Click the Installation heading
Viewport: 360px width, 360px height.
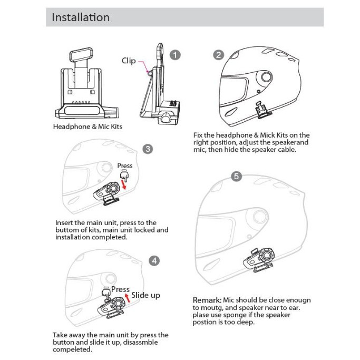pos(81,17)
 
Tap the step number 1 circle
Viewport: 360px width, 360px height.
pos(176,55)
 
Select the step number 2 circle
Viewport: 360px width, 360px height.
pos(218,55)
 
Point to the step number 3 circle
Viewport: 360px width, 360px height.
pos(148,149)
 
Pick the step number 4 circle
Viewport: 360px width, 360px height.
pos(154,260)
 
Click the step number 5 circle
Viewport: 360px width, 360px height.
pos(237,177)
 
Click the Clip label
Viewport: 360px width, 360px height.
pos(129,61)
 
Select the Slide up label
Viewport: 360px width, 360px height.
pos(145,295)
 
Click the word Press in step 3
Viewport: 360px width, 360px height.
pos(125,166)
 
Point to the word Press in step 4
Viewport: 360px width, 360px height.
pos(120,289)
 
